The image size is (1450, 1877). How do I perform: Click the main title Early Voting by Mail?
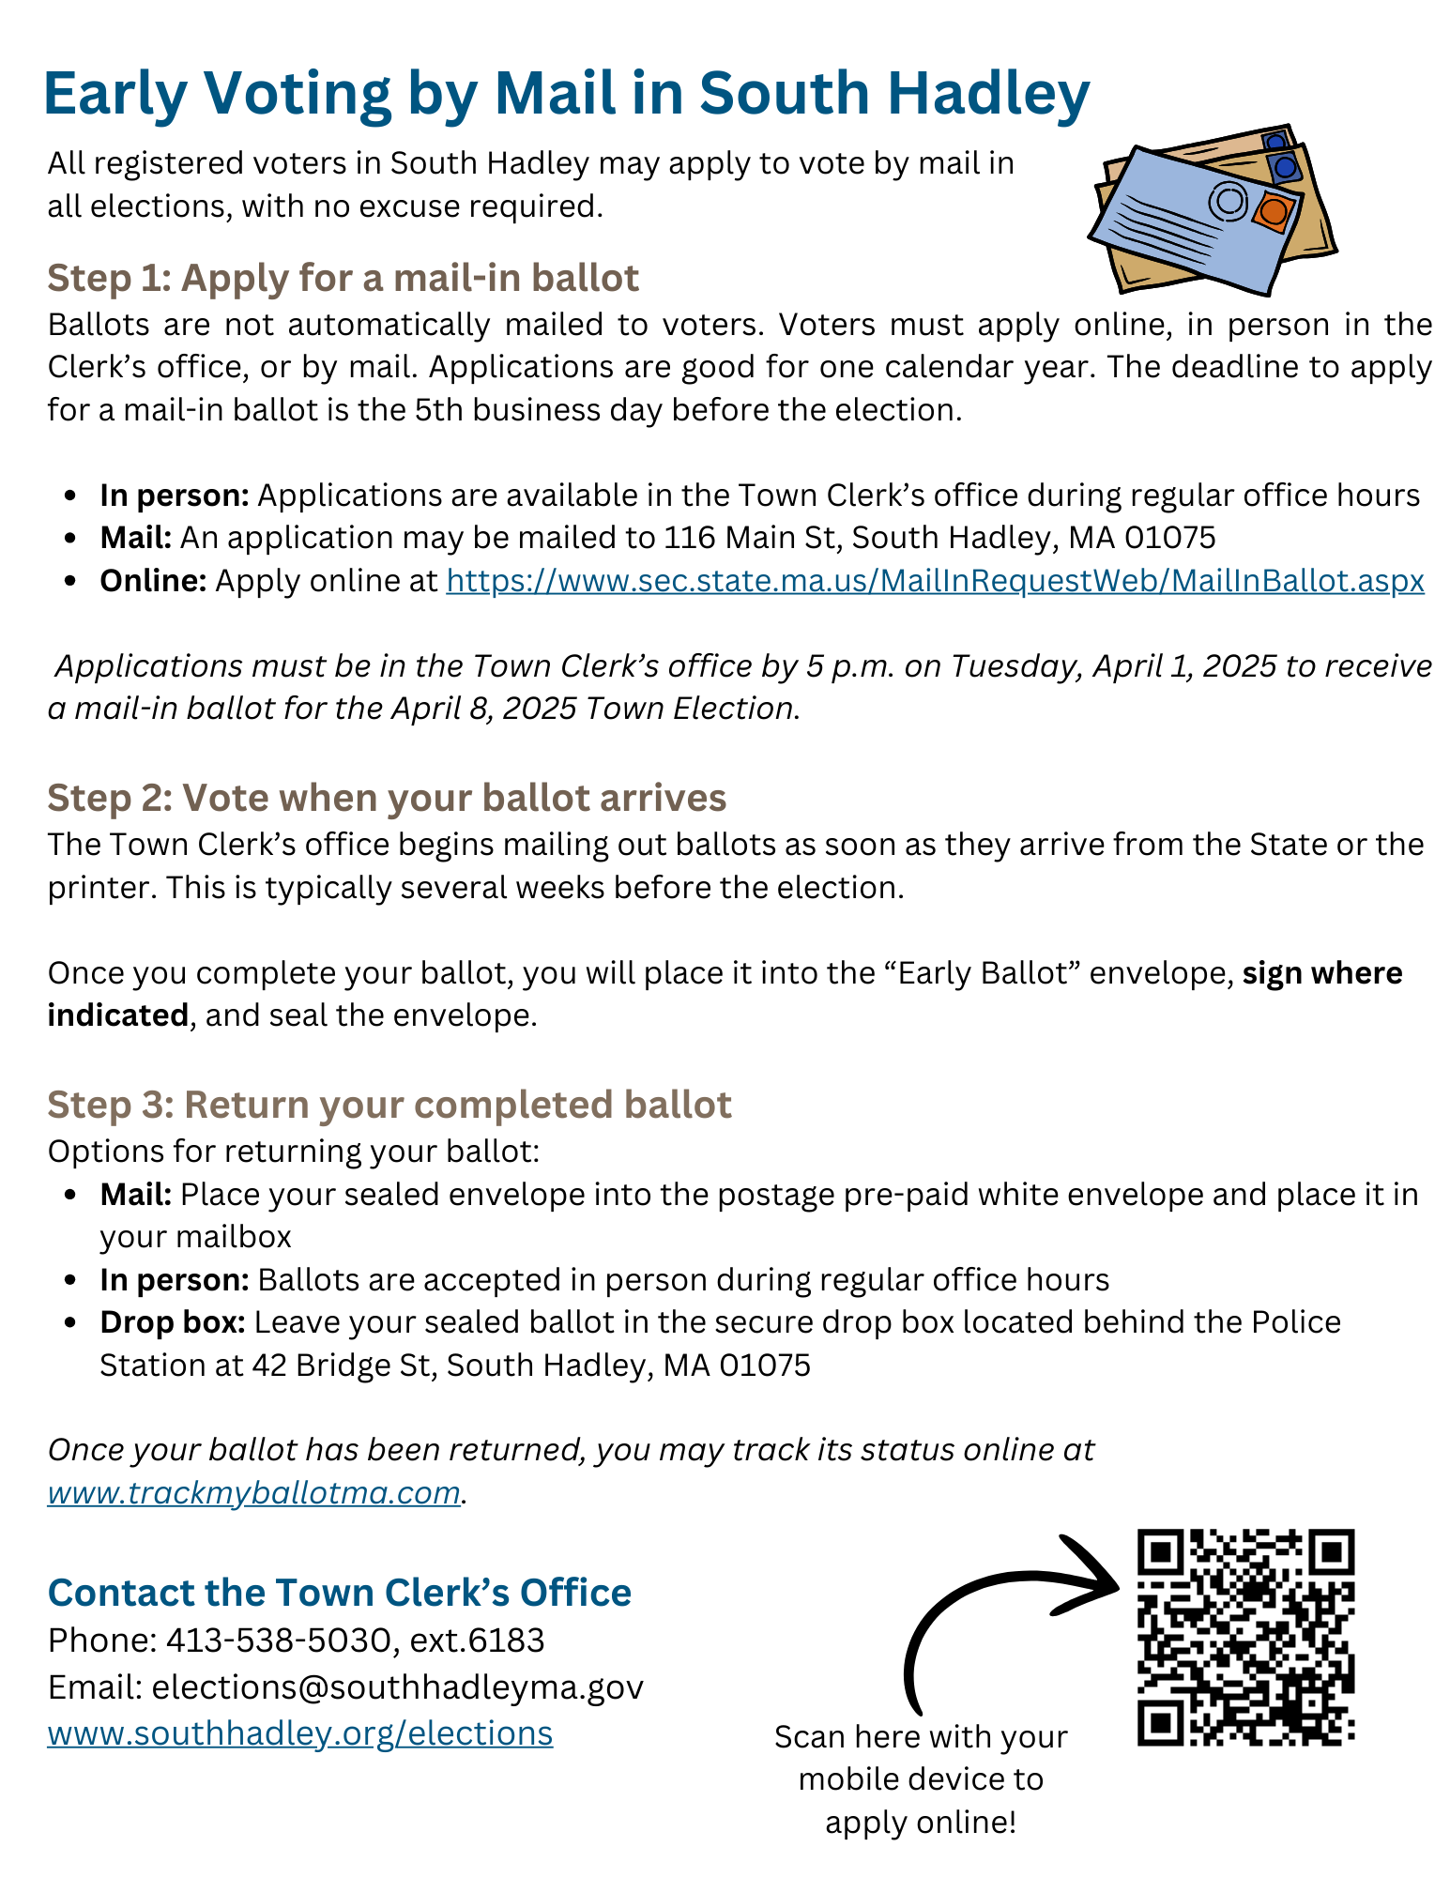pos(565,94)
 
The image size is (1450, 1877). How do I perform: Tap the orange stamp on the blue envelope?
pos(1273,211)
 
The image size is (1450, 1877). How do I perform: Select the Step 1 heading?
pos(343,278)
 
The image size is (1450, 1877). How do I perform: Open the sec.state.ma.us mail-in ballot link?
pos(935,581)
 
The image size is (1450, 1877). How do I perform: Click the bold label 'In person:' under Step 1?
pos(175,496)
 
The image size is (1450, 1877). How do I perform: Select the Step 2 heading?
pos(387,798)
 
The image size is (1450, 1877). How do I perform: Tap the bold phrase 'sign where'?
pos(1321,973)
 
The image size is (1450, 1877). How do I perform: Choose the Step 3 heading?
pos(389,1105)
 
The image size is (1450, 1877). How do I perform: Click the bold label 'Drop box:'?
pos(173,1322)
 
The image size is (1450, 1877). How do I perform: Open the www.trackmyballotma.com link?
pos(253,1492)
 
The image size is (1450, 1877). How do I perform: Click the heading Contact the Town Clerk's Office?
pos(340,1593)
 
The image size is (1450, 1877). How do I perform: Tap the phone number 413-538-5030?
pos(278,1640)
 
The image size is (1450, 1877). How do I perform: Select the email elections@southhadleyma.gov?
pos(397,1686)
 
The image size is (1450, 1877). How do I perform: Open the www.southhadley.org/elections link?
pos(300,1732)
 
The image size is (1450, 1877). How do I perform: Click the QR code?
pos(1245,1637)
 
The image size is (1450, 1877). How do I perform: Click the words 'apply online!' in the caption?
pos(921,1822)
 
